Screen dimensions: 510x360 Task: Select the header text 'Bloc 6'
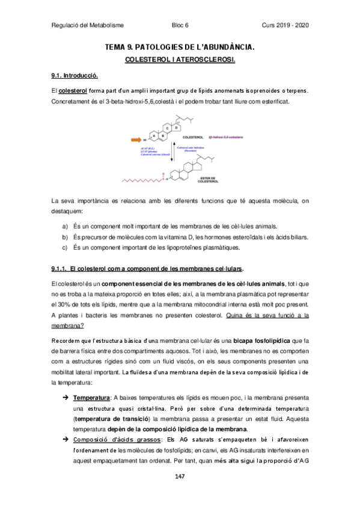(x=180, y=25)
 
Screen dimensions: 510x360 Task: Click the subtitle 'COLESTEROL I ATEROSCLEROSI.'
(x=180, y=61)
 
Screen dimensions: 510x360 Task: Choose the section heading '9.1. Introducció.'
(x=75, y=76)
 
